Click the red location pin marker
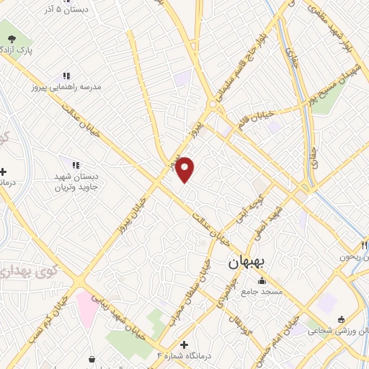pos(185,169)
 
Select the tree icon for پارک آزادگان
pos(10,36)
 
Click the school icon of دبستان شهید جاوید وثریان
pos(76,165)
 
